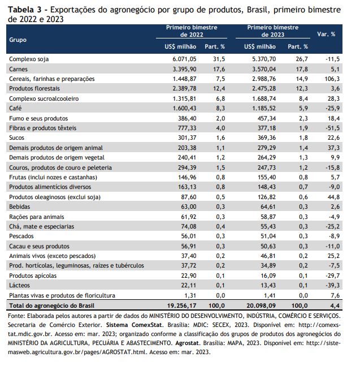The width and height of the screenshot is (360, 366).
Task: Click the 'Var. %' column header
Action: tap(326, 35)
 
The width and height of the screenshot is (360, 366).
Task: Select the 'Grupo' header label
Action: tap(18, 40)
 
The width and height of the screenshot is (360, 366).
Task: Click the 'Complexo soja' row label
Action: tap(29, 59)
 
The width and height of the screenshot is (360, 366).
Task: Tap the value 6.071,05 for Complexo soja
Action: tap(184, 59)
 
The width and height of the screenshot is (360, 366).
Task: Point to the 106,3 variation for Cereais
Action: tap(332, 79)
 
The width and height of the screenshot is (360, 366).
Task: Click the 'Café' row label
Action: tap(15, 108)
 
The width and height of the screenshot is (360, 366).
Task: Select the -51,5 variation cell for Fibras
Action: tap(332, 128)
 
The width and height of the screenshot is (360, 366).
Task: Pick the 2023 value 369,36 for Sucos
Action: tap(267, 137)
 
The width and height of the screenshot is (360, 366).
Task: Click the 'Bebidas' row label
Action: tap(20, 207)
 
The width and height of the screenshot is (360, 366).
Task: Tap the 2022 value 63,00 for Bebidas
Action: tap(189, 207)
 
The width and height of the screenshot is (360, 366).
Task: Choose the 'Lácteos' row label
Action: tap(20, 285)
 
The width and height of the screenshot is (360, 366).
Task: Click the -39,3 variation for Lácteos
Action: tap(332, 285)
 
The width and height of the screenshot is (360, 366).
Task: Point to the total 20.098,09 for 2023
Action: tap(261, 305)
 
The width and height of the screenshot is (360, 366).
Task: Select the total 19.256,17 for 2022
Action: tap(181, 305)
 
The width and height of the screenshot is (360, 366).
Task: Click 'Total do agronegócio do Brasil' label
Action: tap(52, 306)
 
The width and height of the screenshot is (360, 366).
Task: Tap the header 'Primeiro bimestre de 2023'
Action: tap(273, 31)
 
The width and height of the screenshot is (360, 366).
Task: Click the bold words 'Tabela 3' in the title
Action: tap(25, 10)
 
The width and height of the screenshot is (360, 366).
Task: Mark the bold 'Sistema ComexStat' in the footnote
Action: tap(134, 325)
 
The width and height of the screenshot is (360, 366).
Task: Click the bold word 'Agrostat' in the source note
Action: tap(187, 343)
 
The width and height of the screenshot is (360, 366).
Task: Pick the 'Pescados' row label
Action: tap(21, 236)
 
